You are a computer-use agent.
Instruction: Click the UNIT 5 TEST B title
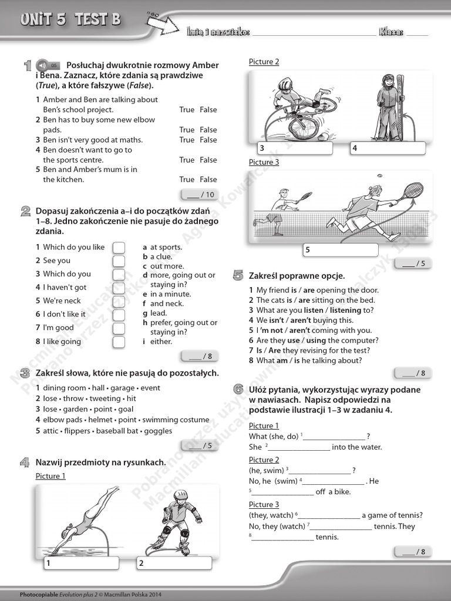pyautogui.click(x=70, y=20)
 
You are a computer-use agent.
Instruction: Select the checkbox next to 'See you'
pyautogui.click(x=119, y=261)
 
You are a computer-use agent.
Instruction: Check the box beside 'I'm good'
pyautogui.click(x=119, y=328)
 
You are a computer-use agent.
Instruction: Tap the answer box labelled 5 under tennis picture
pyautogui.click(x=341, y=250)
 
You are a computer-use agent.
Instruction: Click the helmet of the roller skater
pyautogui.click(x=181, y=495)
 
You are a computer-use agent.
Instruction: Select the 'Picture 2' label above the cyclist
pyautogui.click(x=264, y=62)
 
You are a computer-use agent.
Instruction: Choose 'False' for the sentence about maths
pyautogui.click(x=208, y=140)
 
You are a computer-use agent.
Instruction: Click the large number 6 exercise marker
pyautogui.click(x=238, y=389)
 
